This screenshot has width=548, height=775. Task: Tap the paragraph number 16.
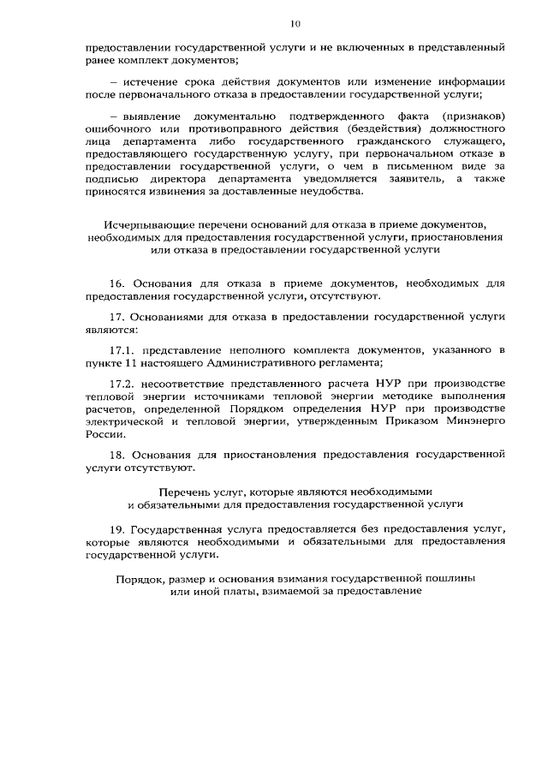[118, 282]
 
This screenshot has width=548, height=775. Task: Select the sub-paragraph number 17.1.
[123, 350]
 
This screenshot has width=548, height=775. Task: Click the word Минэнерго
[476, 421]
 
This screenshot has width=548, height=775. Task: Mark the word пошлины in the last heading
[454, 579]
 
